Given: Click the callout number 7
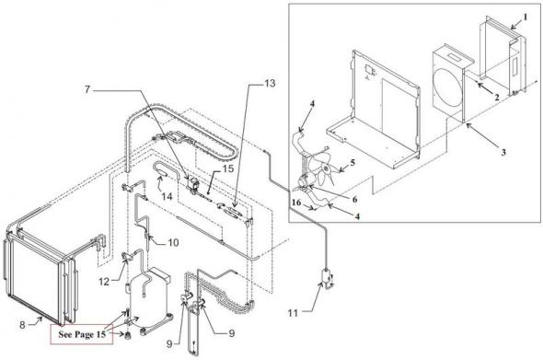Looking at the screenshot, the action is tap(87, 89).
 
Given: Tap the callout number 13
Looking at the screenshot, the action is tap(270, 84).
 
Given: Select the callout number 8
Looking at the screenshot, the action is tap(22, 325).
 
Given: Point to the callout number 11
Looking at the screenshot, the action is tap(293, 313).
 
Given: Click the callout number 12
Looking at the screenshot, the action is tap(104, 282).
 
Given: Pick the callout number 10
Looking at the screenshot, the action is tap(174, 242).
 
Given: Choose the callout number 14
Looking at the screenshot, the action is tap(167, 196).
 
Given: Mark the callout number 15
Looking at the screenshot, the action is tap(228, 168).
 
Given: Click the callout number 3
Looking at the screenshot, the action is tap(503, 152).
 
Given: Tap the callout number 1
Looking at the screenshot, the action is tap(525, 17).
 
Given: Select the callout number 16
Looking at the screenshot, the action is tap(296, 202).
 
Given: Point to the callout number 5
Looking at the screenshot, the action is tap(352, 162).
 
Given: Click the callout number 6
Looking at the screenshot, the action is tap(354, 199).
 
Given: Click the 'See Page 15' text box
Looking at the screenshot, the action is tap(82, 334).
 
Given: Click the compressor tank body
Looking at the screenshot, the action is tap(149, 298).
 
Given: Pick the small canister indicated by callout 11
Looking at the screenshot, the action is tap(326, 277).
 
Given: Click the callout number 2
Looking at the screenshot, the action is tap(497, 97).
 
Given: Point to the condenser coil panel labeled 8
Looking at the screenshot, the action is tap(35, 273).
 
